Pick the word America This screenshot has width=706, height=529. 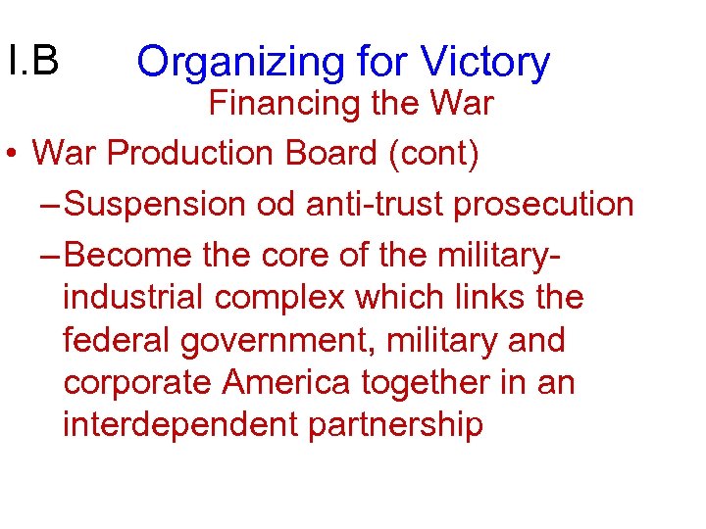283,383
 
